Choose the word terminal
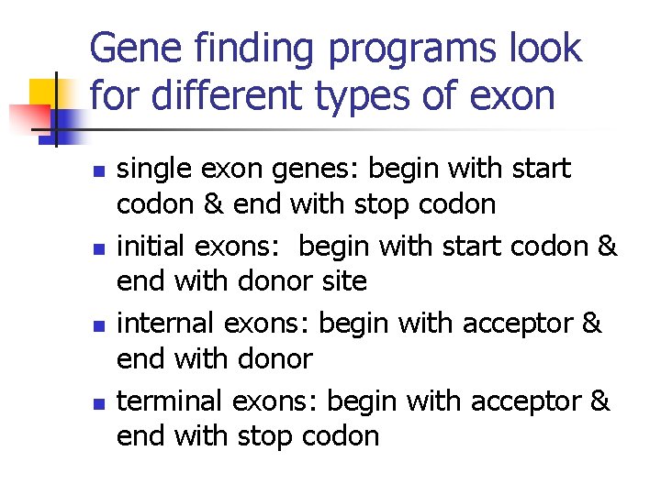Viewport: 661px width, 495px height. click(170, 402)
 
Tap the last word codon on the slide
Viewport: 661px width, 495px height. click(341, 435)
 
